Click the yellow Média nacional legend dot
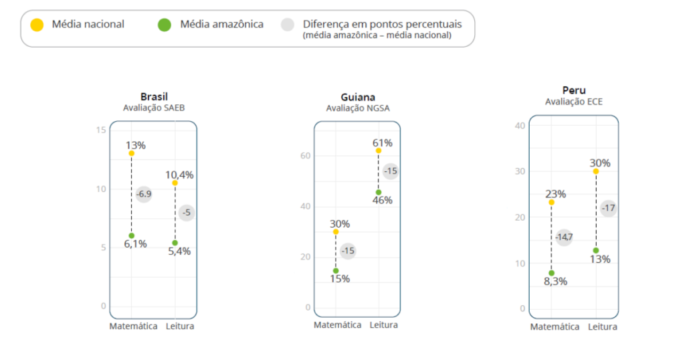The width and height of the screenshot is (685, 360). click(x=37, y=25)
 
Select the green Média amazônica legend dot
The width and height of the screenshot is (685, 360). click(x=164, y=25)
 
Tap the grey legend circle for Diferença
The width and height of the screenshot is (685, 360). click(x=288, y=25)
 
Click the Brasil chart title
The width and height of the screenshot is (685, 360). click(x=154, y=96)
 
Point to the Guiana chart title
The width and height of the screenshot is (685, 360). click(x=357, y=97)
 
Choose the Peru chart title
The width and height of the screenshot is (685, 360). click(x=573, y=90)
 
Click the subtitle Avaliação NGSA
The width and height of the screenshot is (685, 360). click(x=357, y=108)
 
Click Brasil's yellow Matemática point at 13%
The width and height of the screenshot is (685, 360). click(x=132, y=153)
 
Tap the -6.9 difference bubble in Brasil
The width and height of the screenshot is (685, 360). click(x=144, y=194)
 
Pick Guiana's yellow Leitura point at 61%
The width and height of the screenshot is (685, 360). click(x=379, y=151)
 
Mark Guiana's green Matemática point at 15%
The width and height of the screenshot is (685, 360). click(x=336, y=270)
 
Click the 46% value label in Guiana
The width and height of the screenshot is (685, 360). click(x=383, y=200)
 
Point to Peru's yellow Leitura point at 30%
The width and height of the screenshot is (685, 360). click(x=595, y=171)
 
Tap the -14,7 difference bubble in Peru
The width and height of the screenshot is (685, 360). click(x=563, y=237)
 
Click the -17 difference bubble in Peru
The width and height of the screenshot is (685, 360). click(x=608, y=208)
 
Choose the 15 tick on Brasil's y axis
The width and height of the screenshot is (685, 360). click(x=101, y=129)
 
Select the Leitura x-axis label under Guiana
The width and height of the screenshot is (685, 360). click(x=383, y=325)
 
